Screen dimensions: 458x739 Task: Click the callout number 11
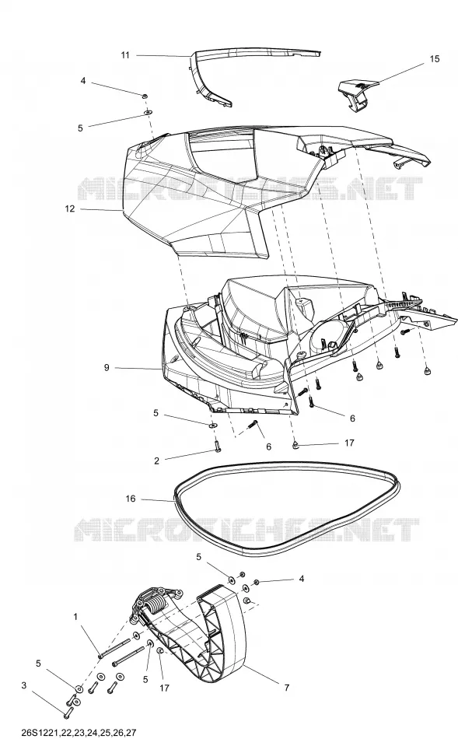[125, 55]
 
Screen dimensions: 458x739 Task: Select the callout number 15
[435, 58]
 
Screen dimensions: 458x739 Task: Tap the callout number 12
[70, 208]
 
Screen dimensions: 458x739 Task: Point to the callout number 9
[107, 367]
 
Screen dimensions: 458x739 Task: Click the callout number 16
[131, 498]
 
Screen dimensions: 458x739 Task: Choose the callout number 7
[286, 688]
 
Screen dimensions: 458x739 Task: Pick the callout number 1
[75, 616]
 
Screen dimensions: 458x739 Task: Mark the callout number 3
[24, 685]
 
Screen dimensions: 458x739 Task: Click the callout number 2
[157, 461]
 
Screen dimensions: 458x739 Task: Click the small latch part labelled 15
[358, 95]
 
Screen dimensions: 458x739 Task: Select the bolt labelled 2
[218, 445]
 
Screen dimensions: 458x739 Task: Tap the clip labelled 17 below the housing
[295, 445]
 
